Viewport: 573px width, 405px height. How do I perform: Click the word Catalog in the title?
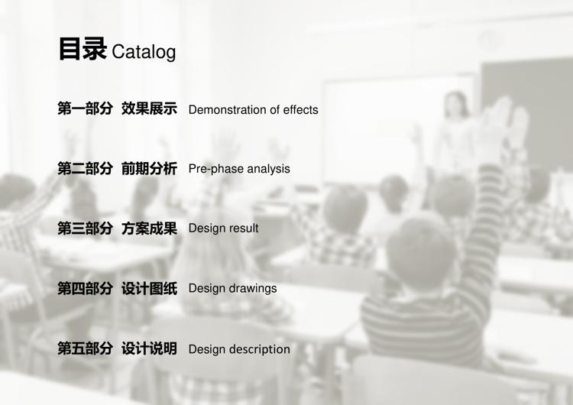[x=144, y=52]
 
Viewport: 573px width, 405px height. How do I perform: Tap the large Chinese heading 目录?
[x=83, y=49]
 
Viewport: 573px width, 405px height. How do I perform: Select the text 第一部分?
[x=85, y=109]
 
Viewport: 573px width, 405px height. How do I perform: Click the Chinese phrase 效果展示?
[x=149, y=109]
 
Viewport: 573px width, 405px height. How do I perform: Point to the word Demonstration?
[x=228, y=110]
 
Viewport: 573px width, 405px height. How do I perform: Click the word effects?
[x=300, y=110]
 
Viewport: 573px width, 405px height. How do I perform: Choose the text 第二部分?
[x=85, y=169]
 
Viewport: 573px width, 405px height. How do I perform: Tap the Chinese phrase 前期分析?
[x=149, y=169]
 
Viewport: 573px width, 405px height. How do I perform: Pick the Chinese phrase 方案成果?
[x=149, y=228]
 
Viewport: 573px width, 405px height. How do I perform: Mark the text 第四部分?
[x=85, y=288]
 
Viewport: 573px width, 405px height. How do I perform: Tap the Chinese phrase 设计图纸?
[x=149, y=288]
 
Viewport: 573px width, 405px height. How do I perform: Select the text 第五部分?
[x=85, y=348]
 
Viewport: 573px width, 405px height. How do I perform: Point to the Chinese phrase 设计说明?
[x=149, y=348]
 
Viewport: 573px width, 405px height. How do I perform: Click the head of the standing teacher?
[x=455, y=105]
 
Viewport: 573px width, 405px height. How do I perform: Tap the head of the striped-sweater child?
[x=421, y=248]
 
